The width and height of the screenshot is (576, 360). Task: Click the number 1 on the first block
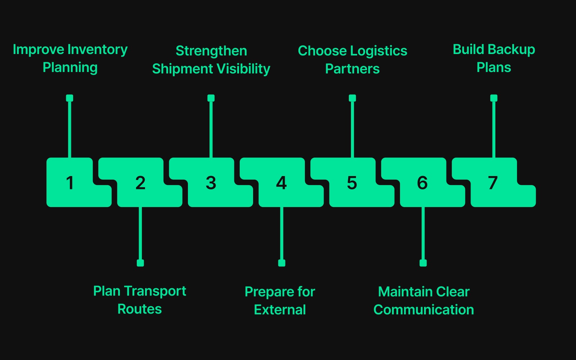70,183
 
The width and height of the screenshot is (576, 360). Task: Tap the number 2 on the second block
140,183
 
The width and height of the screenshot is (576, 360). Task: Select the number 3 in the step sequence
211,183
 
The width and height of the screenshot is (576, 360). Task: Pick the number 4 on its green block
282,183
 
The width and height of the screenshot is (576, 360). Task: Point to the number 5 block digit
352,183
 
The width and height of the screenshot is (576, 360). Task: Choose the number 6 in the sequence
422,183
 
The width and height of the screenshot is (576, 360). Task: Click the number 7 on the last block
493,183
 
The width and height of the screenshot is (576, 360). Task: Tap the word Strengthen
211,51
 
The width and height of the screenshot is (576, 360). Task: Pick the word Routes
140,309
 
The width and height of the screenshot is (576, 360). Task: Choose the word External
280,310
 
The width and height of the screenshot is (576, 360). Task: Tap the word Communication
424,310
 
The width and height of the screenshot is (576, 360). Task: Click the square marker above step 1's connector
70,98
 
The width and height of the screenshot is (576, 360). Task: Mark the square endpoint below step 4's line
282,263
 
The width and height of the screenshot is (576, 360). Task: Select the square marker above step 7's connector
494,98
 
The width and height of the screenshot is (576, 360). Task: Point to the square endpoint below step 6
423,263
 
